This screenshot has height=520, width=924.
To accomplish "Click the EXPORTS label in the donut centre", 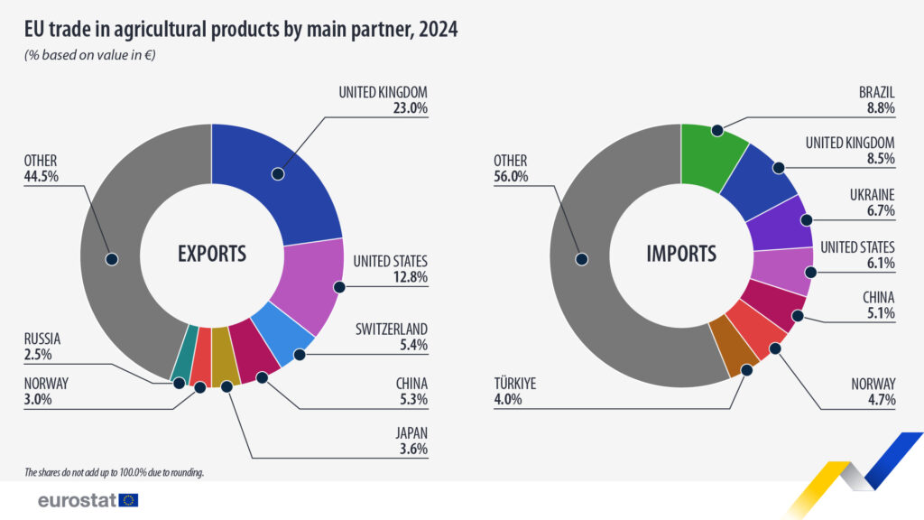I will pyautogui.click(x=211, y=254).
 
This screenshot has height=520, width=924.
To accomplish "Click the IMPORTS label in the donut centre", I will pyautogui.click(x=681, y=254).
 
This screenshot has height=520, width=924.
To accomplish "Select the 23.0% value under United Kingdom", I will pyautogui.click(x=408, y=108).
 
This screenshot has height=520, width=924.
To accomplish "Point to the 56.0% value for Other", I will pyautogui.click(x=511, y=177).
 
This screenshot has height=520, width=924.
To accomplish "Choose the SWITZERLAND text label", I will pyautogui.click(x=390, y=328).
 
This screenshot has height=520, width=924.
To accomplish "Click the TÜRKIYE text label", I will pyautogui.click(x=514, y=383).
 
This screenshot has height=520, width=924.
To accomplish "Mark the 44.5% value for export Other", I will pyautogui.click(x=42, y=177).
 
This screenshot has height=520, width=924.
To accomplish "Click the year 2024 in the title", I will pyautogui.click(x=437, y=29).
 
